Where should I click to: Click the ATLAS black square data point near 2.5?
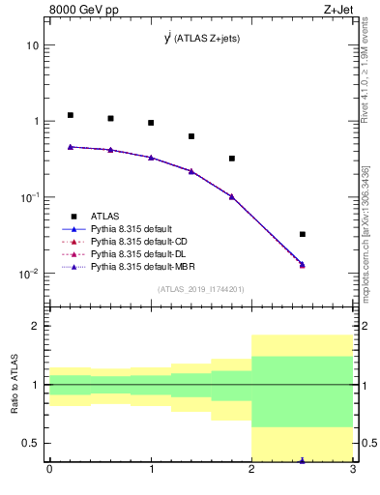click(x=303, y=234)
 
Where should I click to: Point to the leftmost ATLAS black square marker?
click(x=70, y=115)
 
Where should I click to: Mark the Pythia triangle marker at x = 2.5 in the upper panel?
click(x=303, y=264)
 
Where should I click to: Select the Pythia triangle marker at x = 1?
click(x=151, y=157)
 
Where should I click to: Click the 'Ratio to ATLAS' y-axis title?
click(x=15, y=385)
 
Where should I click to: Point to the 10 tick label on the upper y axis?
click(x=32, y=45)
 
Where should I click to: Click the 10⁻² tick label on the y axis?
click(x=28, y=274)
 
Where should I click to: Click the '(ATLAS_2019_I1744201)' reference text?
click(x=201, y=290)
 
